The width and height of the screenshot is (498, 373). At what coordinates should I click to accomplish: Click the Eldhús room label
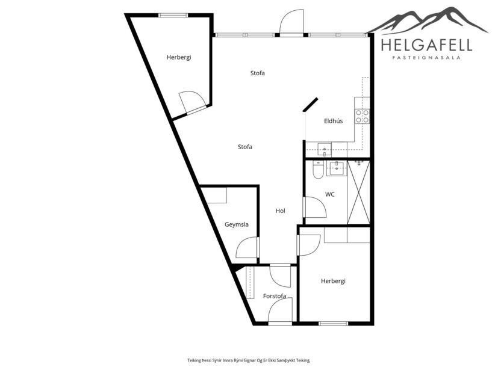pyautogui.click(x=333, y=121)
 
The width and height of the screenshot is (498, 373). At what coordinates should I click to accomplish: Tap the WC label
pyautogui.click(x=329, y=194)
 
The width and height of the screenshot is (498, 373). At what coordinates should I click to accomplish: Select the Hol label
pyautogui.click(x=280, y=211)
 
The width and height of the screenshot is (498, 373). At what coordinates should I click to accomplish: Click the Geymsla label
pyautogui.click(x=237, y=224)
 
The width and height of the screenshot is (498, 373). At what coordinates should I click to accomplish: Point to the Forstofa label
pyautogui.click(x=275, y=296)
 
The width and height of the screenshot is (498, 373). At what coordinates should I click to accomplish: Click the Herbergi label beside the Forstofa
pyautogui.click(x=333, y=281)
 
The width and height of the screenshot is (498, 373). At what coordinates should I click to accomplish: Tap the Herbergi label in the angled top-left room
pyautogui.click(x=179, y=57)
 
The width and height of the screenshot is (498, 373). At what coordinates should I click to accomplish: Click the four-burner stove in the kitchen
pyautogui.click(x=362, y=116)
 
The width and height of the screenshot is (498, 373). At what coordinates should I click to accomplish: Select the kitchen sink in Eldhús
pyautogui.click(x=324, y=149)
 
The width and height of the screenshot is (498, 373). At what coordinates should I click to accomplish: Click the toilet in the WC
pyautogui.click(x=317, y=171)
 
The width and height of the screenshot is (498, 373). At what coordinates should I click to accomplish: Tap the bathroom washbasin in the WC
pyautogui.click(x=336, y=168)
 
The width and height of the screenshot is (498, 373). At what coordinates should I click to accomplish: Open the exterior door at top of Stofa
pyautogui.click(x=292, y=23)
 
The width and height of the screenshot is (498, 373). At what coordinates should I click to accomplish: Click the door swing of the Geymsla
pyautogui.click(x=247, y=248)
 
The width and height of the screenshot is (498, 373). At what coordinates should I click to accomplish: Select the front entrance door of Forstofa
pyautogui.click(x=280, y=312)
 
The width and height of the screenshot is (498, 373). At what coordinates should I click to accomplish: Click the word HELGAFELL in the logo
pyautogui.click(x=426, y=45)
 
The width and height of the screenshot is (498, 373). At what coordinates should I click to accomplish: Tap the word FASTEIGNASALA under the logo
pyautogui.click(x=426, y=58)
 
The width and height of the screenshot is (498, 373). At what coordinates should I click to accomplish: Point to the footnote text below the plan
pyautogui.click(x=249, y=360)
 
